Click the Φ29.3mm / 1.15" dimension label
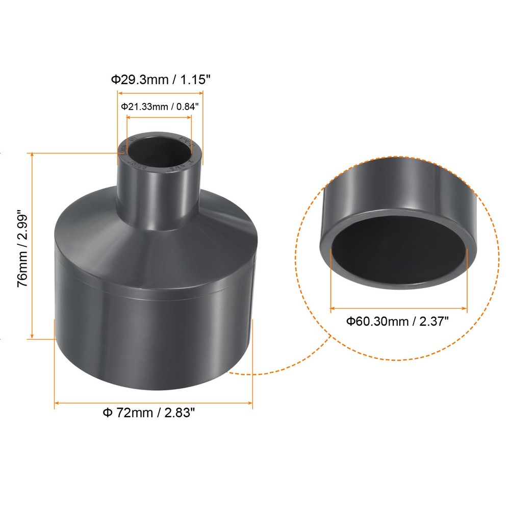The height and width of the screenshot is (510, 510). point(161,80)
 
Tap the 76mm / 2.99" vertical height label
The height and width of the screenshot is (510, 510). point(23,247)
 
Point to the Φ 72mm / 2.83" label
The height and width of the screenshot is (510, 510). point(149,413)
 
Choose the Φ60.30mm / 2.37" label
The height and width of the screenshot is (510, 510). point(397,321)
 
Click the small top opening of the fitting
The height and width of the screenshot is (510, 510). point(159,148)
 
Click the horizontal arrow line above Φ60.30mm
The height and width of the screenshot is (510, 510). point(398,308)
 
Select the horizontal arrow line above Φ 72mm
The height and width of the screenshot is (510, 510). point(153,403)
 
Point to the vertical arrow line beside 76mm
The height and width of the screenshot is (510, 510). point(33,245)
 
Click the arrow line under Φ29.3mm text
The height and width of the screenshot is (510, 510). point(161,93)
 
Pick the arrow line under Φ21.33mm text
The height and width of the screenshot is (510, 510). point(159,117)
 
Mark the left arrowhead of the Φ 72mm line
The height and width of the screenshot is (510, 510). point(57,403)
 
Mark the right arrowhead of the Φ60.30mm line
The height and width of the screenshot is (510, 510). point(465,308)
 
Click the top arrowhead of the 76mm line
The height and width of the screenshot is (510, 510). point(33,155)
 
